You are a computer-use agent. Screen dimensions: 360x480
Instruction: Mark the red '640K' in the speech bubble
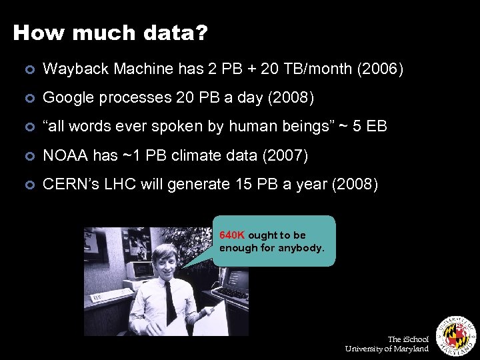[x=232, y=235]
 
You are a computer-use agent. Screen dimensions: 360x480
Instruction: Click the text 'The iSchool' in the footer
[x=408, y=339]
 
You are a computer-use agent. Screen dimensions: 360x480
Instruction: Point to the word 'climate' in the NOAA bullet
[x=183, y=155]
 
